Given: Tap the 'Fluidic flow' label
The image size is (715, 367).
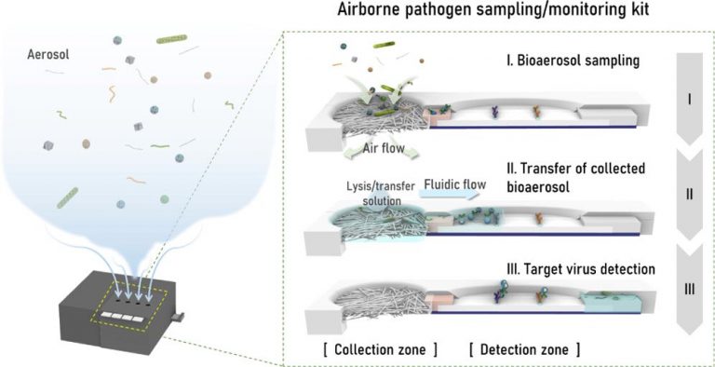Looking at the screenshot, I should point(451,184).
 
